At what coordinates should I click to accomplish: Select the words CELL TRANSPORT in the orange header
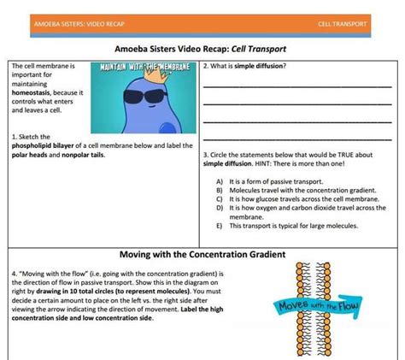click(343, 24)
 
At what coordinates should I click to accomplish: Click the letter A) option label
click(220, 182)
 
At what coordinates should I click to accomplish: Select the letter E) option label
click(220, 226)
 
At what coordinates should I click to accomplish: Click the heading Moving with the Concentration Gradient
click(202, 255)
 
